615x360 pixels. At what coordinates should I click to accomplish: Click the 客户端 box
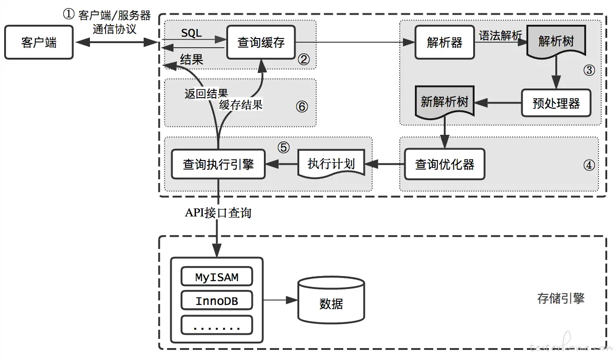pyautogui.click(x=39, y=43)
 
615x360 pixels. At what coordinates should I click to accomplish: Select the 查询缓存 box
pyautogui.click(x=261, y=43)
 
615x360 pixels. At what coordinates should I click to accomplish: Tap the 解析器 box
pyautogui.click(x=444, y=43)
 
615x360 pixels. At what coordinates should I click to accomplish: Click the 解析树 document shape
pyautogui.click(x=556, y=42)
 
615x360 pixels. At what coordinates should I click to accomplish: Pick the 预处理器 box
pyautogui.click(x=556, y=103)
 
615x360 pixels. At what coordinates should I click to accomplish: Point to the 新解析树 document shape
pyautogui.click(x=444, y=102)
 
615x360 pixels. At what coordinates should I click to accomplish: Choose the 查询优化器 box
pyautogui.click(x=444, y=164)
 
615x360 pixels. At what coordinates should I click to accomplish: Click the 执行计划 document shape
pyautogui.click(x=331, y=164)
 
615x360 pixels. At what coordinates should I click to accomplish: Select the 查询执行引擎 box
pyautogui.click(x=218, y=164)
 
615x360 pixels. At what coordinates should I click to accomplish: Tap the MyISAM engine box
pyautogui.click(x=217, y=277)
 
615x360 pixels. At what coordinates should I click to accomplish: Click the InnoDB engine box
pyautogui.click(x=217, y=301)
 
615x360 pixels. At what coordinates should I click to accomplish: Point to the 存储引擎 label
pyautogui.click(x=560, y=299)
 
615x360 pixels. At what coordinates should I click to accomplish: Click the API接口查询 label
pyautogui.click(x=218, y=213)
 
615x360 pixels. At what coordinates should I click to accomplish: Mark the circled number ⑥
pyautogui.click(x=301, y=106)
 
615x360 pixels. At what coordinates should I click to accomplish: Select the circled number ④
pyautogui.click(x=588, y=165)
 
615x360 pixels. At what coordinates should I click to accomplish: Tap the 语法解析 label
pyautogui.click(x=500, y=35)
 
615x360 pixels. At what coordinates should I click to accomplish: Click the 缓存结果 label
pyautogui.click(x=240, y=105)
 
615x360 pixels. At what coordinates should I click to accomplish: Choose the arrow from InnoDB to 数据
pyautogui.click(x=280, y=300)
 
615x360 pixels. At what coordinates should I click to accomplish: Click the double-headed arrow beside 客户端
pyautogui.click(x=117, y=43)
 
